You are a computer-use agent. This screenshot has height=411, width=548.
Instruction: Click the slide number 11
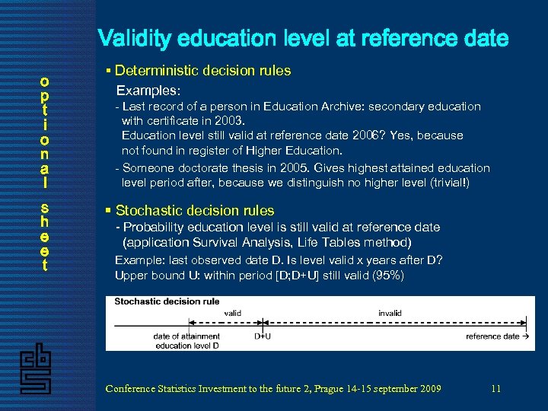(x=495, y=388)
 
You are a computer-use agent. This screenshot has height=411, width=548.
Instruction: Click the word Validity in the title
(x=135, y=39)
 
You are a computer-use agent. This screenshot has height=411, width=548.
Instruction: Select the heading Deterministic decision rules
(x=202, y=71)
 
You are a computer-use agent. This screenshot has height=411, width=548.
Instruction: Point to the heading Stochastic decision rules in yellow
(x=194, y=211)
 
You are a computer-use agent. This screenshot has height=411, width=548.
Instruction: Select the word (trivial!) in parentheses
(x=445, y=183)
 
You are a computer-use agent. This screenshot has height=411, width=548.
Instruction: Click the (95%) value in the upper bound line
(x=389, y=276)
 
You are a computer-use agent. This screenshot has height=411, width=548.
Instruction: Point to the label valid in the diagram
(x=232, y=313)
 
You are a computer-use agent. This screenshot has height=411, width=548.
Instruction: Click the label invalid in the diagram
(x=390, y=313)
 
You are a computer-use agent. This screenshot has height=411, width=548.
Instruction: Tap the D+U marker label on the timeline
(x=263, y=336)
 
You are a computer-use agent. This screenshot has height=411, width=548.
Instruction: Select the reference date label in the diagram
(x=492, y=336)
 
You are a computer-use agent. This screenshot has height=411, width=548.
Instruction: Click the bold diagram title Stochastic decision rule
(x=167, y=301)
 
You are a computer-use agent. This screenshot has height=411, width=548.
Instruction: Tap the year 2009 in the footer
(x=429, y=388)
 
